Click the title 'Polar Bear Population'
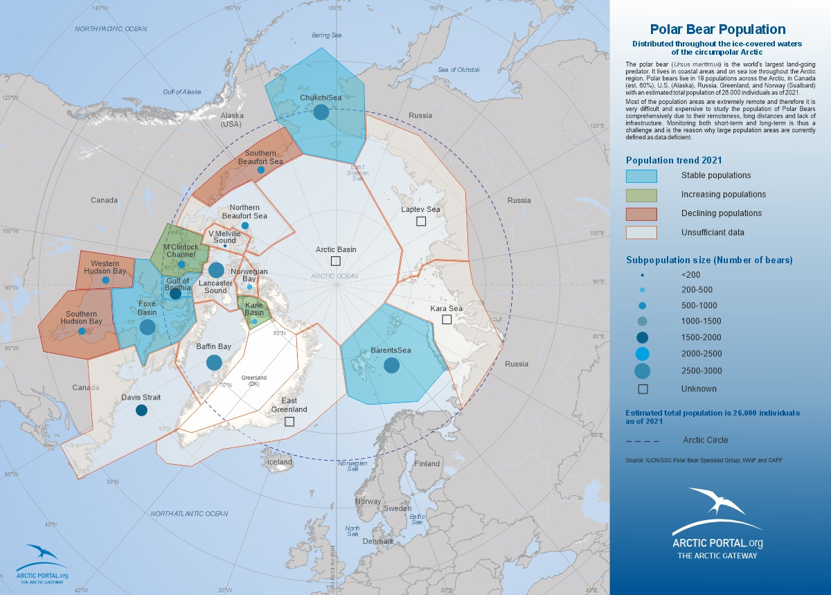(x=717, y=29)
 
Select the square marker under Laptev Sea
(x=421, y=221)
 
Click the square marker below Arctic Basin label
(x=336, y=261)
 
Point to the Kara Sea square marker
(x=447, y=319)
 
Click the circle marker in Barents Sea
(x=392, y=364)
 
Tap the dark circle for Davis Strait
(x=141, y=410)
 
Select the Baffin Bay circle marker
(x=214, y=362)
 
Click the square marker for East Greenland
(x=289, y=421)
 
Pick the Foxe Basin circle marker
(x=148, y=327)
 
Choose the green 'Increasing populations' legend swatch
(x=641, y=195)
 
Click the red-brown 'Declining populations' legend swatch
(x=641, y=213)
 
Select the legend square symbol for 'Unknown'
(x=642, y=389)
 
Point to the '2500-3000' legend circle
(x=642, y=371)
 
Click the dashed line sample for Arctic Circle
(x=642, y=441)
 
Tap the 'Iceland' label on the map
(x=280, y=462)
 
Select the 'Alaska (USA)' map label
(x=231, y=121)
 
